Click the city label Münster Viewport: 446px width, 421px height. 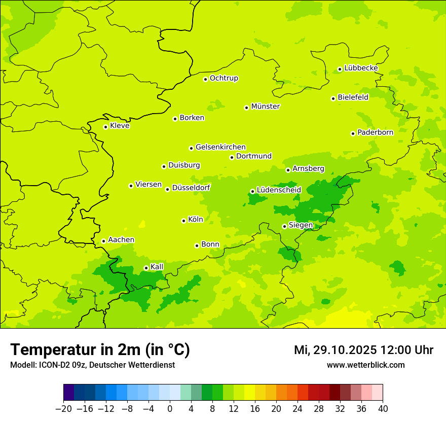[265, 107]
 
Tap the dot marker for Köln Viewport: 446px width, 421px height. [183, 221]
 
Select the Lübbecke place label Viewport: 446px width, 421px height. [361, 68]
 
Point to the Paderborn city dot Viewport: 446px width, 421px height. [353, 133]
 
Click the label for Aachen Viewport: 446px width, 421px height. [121, 240]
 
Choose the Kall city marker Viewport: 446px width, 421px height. [146, 268]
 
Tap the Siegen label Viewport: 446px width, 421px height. [301, 225]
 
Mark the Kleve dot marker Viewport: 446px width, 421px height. [105, 127]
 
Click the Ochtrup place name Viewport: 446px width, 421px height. [224, 78]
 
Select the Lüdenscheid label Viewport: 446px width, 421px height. [279, 190]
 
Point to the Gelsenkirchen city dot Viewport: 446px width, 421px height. [191, 148]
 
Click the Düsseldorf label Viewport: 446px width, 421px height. [191, 188]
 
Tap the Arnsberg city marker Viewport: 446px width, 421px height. [288, 170]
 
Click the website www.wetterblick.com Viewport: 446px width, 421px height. [365, 365]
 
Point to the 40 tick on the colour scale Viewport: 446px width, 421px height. [383, 409]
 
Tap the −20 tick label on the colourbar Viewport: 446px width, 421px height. [63, 409]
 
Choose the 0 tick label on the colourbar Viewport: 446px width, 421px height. [170, 409]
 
